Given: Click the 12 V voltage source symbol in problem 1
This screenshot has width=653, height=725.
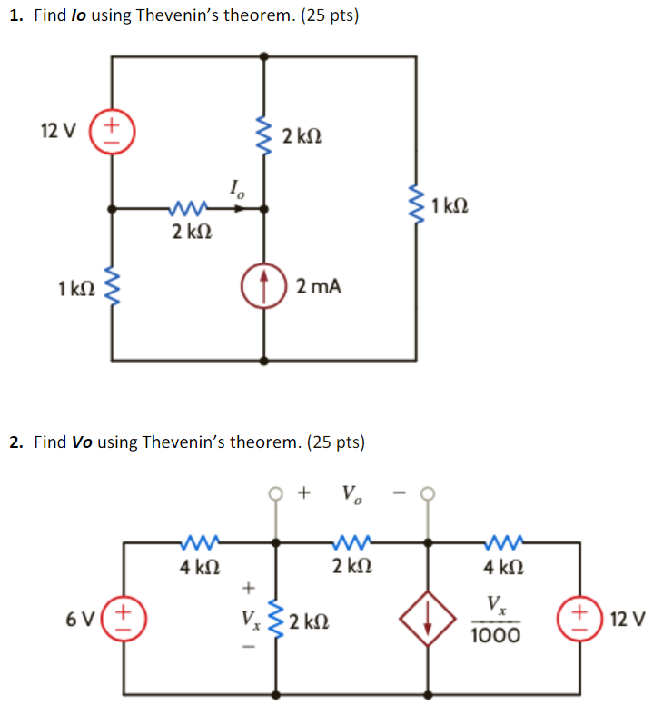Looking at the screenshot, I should pyautogui.click(x=112, y=131).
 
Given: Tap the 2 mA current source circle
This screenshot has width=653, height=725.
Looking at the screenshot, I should pyautogui.click(x=263, y=287).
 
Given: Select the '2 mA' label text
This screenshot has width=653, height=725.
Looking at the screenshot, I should pyautogui.click(x=319, y=287).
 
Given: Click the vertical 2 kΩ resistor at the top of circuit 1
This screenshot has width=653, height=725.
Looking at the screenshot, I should pyautogui.click(x=263, y=136).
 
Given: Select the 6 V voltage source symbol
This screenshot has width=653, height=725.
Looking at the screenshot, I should pyautogui.click(x=124, y=619).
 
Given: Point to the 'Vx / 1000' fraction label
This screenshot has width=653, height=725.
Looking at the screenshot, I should pyautogui.click(x=495, y=619).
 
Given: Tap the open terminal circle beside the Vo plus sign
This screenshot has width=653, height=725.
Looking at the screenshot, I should pyautogui.click(x=277, y=495).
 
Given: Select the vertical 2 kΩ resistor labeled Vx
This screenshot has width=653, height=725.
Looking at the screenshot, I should pyautogui.click(x=277, y=619).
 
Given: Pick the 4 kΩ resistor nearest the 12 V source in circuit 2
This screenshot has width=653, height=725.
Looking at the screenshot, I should pyautogui.click(x=501, y=543).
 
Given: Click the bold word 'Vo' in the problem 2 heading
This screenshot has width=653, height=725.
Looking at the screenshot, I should pyautogui.click(x=82, y=442).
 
